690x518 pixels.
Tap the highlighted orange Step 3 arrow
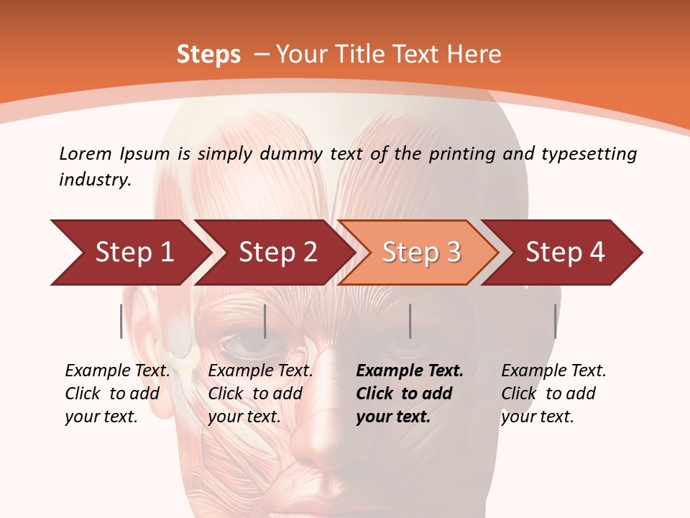[x=421, y=253]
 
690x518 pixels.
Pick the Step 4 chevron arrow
[x=565, y=253]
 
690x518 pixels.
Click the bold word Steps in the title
[x=208, y=55]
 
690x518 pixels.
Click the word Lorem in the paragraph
[x=85, y=153]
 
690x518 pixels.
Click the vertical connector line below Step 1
[x=121, y=321]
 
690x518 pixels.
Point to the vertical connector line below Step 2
[x=265, y=321]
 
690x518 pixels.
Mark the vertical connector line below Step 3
[x=410, y=321]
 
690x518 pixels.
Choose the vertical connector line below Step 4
[x=555, y=321]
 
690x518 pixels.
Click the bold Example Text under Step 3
[x=410, y=371]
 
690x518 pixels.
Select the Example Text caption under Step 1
[x=117, y=371]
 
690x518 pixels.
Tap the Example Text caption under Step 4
[x=553, y=371]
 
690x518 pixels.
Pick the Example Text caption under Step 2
[x=260, y=371]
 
